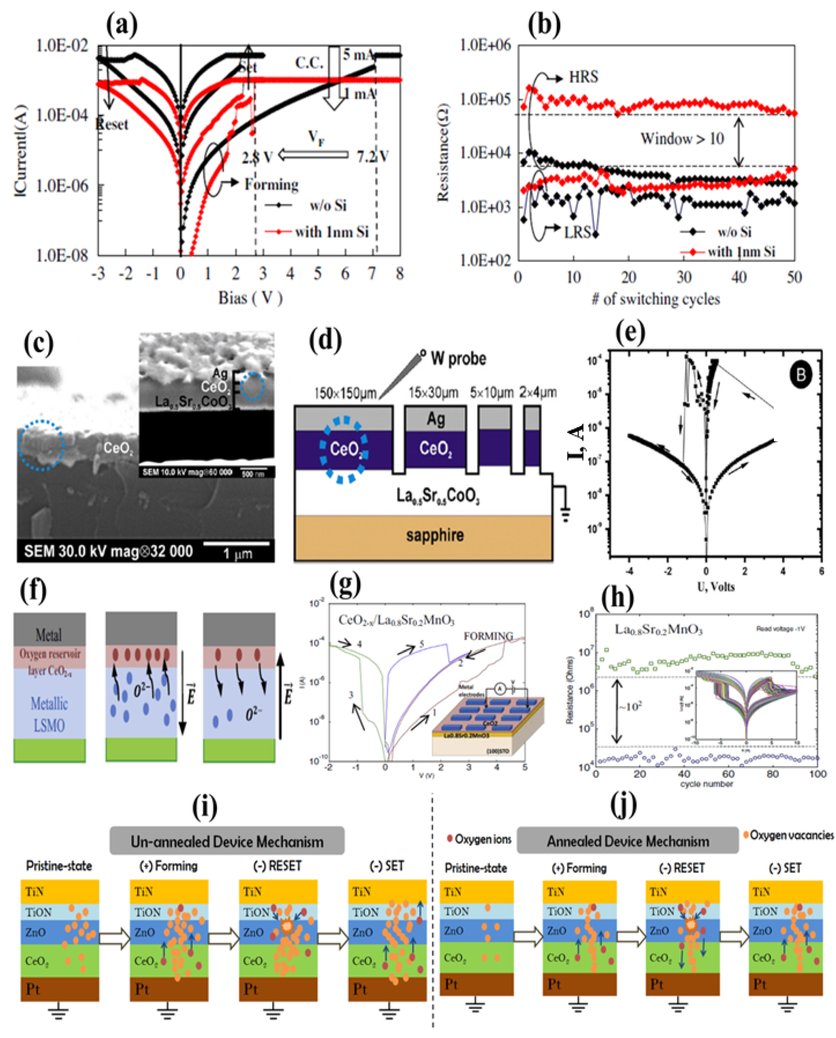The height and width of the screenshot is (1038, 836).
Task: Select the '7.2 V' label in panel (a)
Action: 372,156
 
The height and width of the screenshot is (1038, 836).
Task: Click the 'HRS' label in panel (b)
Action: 583,77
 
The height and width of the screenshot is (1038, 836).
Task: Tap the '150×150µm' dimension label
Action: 344,393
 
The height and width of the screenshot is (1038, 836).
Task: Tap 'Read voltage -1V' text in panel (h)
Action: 780,629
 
